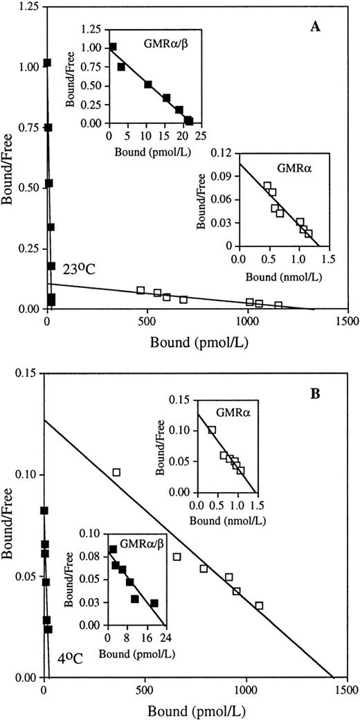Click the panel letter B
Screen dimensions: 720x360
[333, 381]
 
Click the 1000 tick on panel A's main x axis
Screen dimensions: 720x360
[247, 321]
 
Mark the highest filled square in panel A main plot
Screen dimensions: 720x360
[47, 63]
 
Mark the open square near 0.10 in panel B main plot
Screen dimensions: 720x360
[116, 472]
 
